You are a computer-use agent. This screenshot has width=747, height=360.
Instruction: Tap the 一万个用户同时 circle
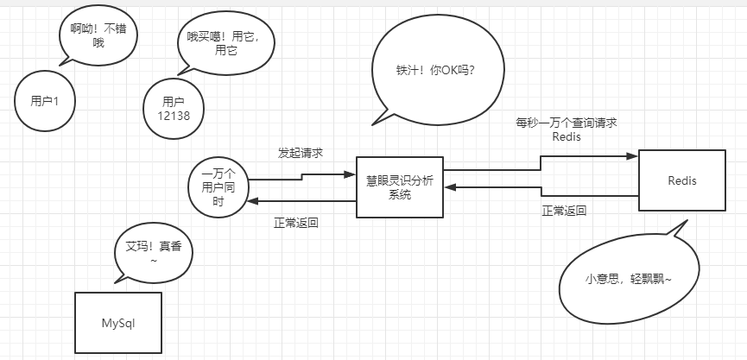pyautogui.click(x=218, y=187)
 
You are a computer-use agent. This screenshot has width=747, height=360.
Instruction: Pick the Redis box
pyautogui.click(x=681, y=181)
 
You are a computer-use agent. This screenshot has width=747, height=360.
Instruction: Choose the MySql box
pyautogui.click(x=118, y=324)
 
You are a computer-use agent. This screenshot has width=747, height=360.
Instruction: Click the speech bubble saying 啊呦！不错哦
pyautogui.click(x=98, y=35)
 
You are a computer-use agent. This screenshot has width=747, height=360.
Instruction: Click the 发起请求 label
pyautogui.click(x=301, y=153)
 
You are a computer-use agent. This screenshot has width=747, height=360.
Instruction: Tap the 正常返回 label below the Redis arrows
pyautogui.click(x=564, y=210)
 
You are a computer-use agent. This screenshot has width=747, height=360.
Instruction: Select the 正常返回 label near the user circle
pyautogui.click(x=296, y=223)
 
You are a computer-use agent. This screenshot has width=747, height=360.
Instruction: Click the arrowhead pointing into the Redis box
pyautogui.click(x=632, y=156)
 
